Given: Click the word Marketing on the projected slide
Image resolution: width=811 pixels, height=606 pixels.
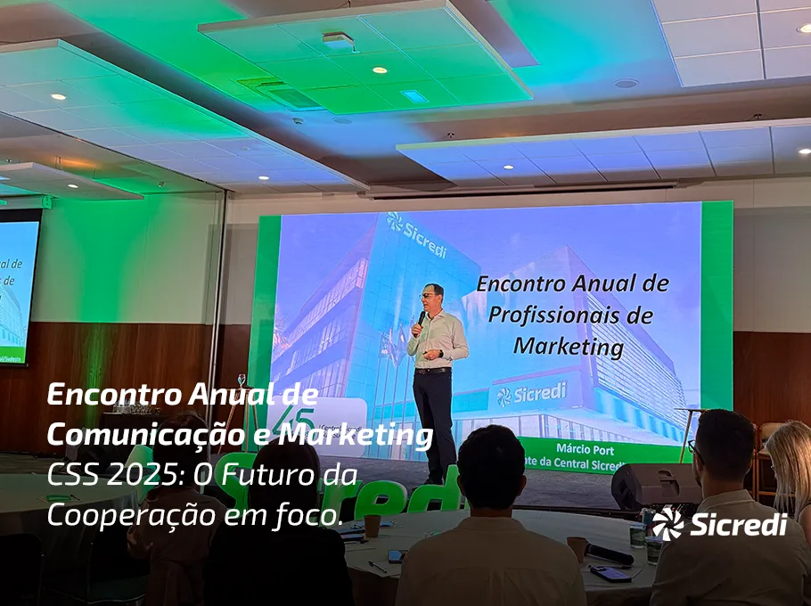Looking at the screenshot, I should point(568,345).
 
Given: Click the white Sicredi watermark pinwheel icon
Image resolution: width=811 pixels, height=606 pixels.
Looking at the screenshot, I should point(667,524).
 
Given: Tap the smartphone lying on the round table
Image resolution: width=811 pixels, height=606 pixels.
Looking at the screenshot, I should point(396,556).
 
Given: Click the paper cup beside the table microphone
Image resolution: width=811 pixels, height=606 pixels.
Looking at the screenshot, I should point(577,547).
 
